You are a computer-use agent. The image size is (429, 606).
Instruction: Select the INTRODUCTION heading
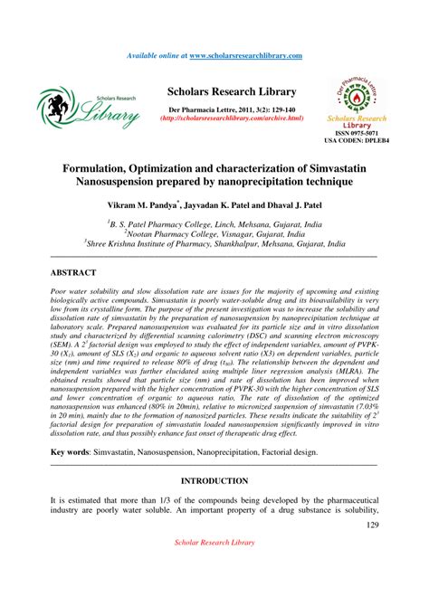(x=214, y=480)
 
